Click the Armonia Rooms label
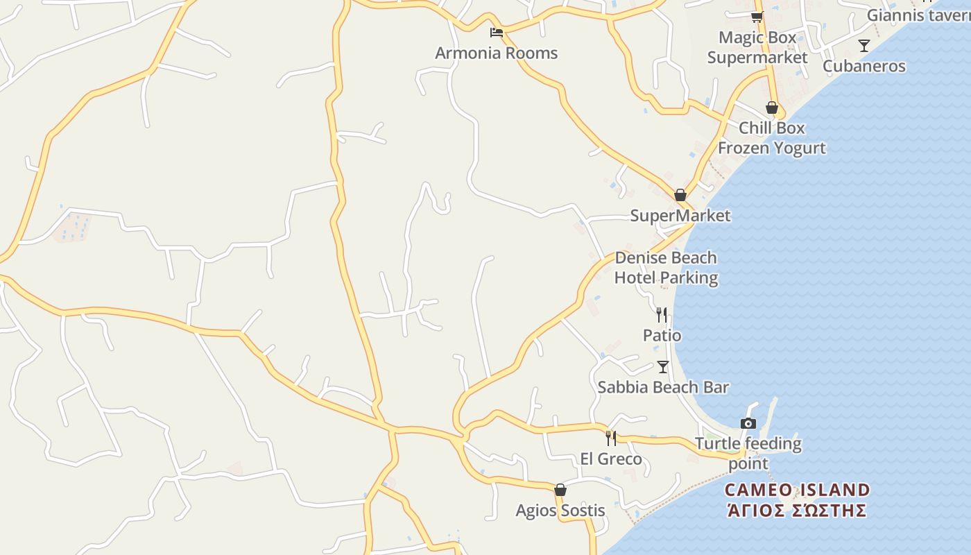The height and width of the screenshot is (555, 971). tap(496, 53)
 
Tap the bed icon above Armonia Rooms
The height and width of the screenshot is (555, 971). tap(496, 32)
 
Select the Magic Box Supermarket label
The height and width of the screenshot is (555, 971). tap(757, 47)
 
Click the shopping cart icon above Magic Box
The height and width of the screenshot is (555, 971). tap(757, 17)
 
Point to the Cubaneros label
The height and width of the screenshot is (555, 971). tap(863, 66)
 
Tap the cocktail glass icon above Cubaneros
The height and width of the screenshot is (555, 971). tap(863, 46)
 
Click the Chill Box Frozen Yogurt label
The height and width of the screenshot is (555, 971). tap(771, 137)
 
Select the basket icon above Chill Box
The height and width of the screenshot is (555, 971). tap(771, 108)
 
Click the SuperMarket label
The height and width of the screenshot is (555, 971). tap(680, 215)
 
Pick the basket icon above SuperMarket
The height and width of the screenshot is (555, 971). tap(680, 195)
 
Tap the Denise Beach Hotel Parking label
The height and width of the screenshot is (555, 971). tap(666, 268)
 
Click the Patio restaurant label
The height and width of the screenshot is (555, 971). tap(662, 335)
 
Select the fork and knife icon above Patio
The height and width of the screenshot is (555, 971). tap(662, 315)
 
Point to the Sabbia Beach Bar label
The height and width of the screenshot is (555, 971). tap(662, 387)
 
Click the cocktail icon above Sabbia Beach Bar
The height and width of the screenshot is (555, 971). tap(663, 366)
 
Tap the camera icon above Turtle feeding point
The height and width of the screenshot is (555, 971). tap(748, 423)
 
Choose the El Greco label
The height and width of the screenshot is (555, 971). tap(610, 459)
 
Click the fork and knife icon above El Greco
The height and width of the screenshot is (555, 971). tap(611, 438)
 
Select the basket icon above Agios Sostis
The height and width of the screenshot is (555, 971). tap(560, 490)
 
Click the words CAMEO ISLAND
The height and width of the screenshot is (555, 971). tap(797, 490)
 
